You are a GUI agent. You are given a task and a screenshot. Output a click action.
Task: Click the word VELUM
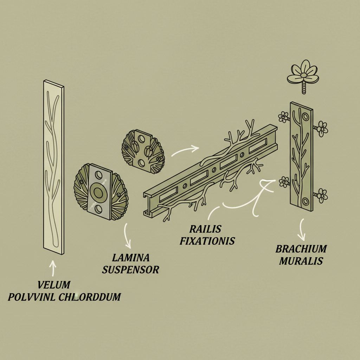click(x=54, y=285)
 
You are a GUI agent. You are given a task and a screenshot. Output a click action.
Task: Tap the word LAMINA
click(x=131, y=258)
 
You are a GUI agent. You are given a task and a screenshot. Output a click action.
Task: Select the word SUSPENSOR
click(x=131, y=270)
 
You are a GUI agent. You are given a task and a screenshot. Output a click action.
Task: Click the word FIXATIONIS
click(x=207, y=241)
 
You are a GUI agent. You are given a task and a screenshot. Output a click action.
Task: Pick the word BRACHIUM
click(x=301, y=249)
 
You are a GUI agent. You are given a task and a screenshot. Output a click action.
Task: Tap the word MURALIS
click(x=301, y=261)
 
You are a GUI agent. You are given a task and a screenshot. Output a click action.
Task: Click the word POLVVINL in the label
click(x=31, y=297)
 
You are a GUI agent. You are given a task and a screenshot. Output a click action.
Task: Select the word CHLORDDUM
click(x=90, y=297)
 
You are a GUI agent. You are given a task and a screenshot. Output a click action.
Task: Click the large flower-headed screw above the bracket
click(x=303, y=76)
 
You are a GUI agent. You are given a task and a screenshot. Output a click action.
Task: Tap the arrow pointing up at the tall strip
click(x=53, y=268)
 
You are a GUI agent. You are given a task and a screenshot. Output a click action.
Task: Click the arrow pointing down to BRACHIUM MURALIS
click(x=302, y=230)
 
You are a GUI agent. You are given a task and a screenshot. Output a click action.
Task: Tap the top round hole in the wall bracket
click(x=306, y=117)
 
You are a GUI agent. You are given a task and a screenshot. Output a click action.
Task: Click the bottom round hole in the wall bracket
click(x=306, y=201)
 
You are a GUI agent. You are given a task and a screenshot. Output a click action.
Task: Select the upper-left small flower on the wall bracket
click(x=283, y=117)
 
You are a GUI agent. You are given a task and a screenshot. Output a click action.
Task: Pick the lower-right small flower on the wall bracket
click(x=322, y=195)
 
